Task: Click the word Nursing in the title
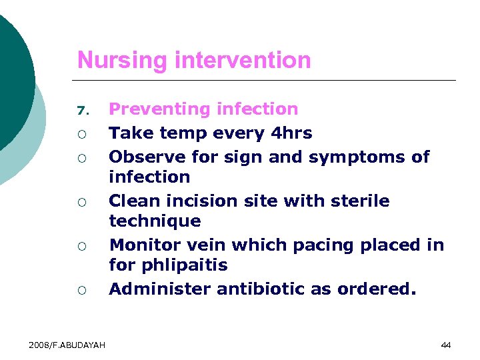(122, 61)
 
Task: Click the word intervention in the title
(242, 61)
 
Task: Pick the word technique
(154, 221)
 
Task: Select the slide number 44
(446, 345)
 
